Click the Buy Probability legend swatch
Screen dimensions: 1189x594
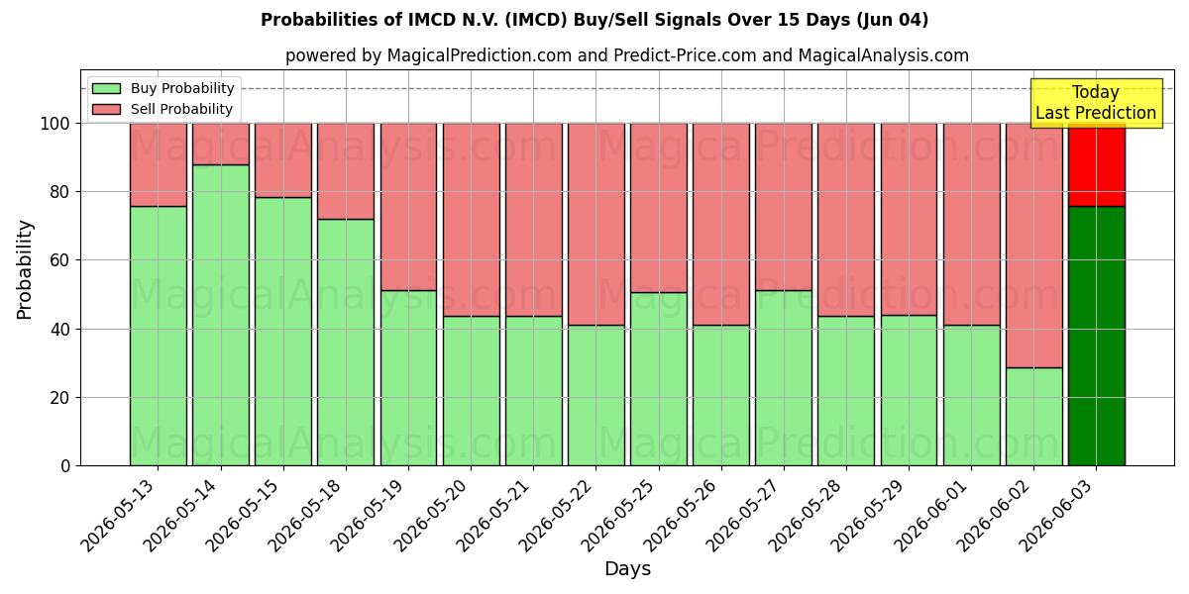click(x=106, y=88)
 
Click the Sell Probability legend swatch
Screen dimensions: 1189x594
click(x=106, y=109)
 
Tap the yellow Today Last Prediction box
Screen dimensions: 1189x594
click(x=1096, y=103)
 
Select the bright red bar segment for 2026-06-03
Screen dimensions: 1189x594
click(x=1097, y=165)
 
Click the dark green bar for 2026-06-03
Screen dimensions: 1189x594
click(x=1097, y=337)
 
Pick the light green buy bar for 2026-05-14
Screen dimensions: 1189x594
click(x=221, y=315)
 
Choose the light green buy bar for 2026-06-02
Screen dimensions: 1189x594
click(x=1034, y=417)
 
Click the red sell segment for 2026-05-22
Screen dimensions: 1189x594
click(x=596, y=225)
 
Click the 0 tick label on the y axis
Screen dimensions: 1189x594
click(x=65, y=466)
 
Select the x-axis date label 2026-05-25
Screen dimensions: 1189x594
click(x=618, y=516)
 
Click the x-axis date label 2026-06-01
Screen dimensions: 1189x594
click(x=930, y=516)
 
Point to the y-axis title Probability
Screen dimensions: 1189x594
click(x=25, y=269)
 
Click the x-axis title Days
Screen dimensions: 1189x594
click(x=627, y=569)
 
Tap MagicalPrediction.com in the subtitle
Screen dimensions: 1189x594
click(x=480, y=55)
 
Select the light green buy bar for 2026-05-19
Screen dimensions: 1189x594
click(x=408, y=378)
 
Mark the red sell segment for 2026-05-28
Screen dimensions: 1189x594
click(x=846, y=220)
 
